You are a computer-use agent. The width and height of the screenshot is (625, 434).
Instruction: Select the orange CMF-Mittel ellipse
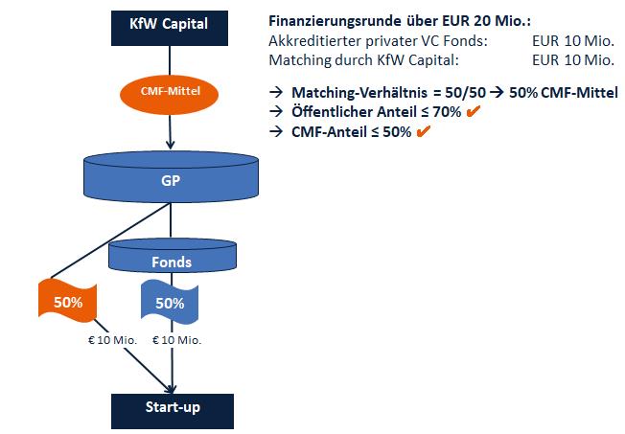(x=171, y=93)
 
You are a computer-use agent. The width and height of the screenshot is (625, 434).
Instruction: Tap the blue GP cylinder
(x=171, y=177)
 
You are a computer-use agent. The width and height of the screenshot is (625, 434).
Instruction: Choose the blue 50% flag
(x=171, y=303)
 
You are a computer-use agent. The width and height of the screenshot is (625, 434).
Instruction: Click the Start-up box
(x=173, y=408)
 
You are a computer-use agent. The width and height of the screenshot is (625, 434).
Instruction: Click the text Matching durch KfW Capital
(x=365, y=60)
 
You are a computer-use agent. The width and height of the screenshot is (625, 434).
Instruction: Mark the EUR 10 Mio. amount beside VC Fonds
(x=572, y=42)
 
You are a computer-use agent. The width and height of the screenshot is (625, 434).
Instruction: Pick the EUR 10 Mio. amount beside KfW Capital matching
(x=572, y=60)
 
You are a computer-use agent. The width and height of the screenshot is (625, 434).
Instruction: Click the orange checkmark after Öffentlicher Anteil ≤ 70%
(x=473, y=112)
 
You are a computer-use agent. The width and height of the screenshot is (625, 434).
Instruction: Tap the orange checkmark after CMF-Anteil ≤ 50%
(x=422, y=131)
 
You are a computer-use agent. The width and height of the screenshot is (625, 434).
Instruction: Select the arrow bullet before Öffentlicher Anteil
(x=276, y=112)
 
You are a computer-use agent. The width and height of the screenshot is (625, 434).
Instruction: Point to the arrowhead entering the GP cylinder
(x=171, y=146)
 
